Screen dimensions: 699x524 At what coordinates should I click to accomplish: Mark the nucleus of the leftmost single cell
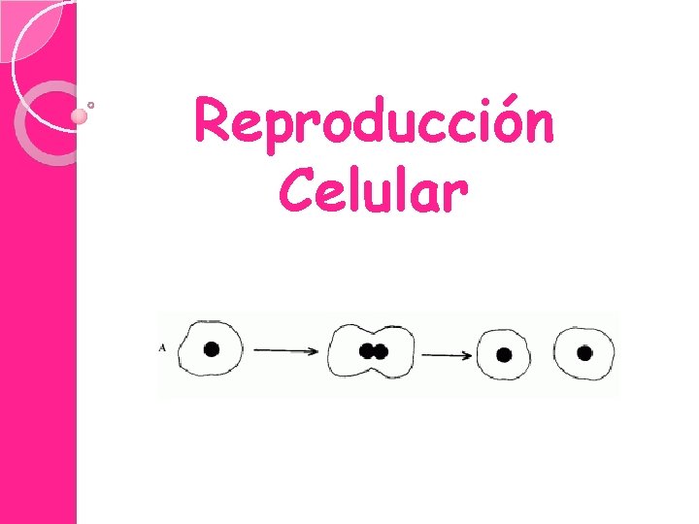(211, 349)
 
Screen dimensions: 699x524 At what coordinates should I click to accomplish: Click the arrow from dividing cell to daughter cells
(447, 355)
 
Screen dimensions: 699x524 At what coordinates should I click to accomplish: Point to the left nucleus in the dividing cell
(367, 350)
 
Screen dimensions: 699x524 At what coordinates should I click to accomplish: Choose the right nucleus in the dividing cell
(381, 350)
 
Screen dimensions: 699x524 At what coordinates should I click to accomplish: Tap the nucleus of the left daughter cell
(504, 355)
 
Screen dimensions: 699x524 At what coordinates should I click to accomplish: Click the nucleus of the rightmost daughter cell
(584, 352)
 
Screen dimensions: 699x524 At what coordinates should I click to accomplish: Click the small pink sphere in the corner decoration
(80, 116)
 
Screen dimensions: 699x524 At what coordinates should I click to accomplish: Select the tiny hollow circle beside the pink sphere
(91, 104)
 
